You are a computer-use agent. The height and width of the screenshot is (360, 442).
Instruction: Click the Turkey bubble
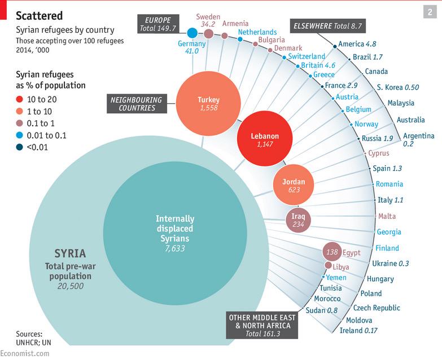(209, 104)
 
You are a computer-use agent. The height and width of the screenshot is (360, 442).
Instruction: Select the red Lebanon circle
(265, 138)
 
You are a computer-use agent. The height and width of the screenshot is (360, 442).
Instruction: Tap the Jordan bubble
(294, 185)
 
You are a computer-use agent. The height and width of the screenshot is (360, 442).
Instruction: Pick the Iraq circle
(298, 220)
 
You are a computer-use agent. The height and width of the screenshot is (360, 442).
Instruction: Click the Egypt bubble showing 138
(332, 251)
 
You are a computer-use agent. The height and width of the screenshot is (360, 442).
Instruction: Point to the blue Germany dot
(192, 33)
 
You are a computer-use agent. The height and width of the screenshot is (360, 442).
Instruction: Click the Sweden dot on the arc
(208, 34)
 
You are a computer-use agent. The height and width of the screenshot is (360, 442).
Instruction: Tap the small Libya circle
(328, 265)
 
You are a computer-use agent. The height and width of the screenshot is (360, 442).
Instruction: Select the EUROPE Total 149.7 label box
(158, 24)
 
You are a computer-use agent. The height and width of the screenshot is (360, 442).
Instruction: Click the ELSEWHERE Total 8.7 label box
(327, 26)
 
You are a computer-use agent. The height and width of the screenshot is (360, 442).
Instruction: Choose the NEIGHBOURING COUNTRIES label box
(137, 104)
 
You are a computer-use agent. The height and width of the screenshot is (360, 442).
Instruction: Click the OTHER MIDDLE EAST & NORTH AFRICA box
(262, 325)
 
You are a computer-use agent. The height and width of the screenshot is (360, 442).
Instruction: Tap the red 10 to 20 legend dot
(19, 99)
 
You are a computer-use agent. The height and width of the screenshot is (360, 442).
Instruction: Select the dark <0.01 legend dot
(19, 147)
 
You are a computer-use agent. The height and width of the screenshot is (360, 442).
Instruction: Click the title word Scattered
(39, 15)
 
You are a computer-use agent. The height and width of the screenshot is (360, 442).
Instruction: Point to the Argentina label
(419, 136)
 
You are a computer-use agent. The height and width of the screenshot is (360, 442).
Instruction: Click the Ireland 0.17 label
(358, 330)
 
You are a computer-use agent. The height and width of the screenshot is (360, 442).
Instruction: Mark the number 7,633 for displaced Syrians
(175, 248)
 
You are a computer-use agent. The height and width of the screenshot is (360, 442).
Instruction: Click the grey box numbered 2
(430, 12)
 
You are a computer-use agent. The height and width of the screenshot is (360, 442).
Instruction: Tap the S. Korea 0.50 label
(398, 87)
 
